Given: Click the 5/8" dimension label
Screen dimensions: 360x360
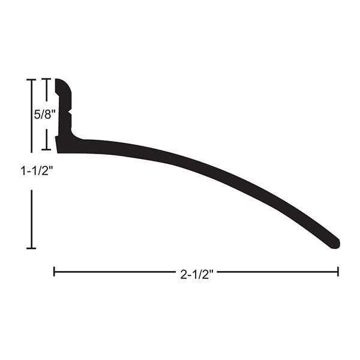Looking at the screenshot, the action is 45,115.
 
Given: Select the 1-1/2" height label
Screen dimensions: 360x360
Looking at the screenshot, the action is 37,171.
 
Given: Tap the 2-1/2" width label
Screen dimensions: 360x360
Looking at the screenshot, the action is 197,274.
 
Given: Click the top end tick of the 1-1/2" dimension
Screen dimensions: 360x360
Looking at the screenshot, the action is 31,80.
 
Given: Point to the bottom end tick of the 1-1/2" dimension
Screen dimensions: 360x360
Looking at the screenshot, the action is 31,248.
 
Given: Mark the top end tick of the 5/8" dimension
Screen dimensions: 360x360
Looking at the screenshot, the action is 46,79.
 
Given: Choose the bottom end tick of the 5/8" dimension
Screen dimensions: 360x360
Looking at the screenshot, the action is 46,149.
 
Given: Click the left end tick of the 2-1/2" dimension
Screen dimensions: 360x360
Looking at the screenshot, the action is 54,271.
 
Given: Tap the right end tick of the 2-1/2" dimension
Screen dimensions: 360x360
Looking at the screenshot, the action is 338,271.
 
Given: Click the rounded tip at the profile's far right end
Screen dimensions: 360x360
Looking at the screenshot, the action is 337,244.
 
